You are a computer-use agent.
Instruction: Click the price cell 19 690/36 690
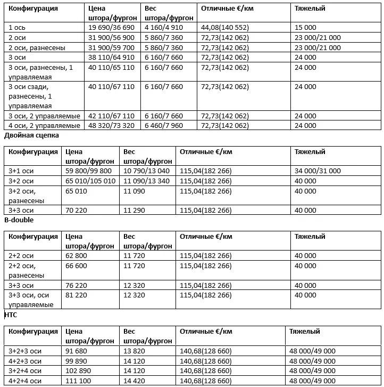(112, 28)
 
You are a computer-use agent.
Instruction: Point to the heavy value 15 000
(306, 28)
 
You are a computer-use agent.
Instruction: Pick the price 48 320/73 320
(112, 126)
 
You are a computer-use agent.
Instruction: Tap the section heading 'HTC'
(11, 315)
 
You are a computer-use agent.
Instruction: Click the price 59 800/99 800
(88, 171)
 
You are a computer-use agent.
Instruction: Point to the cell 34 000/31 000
(318, 171)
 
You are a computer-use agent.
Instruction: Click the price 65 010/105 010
(90, 181)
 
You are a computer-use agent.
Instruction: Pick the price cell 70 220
(76, 211)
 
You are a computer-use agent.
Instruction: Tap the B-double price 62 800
(76, 255)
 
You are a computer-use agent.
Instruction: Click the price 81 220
(76, 295)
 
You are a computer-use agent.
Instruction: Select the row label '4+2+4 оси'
(25, 381)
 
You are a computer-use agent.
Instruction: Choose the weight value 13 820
(133, 351)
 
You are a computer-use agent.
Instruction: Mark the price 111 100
(77, 381)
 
